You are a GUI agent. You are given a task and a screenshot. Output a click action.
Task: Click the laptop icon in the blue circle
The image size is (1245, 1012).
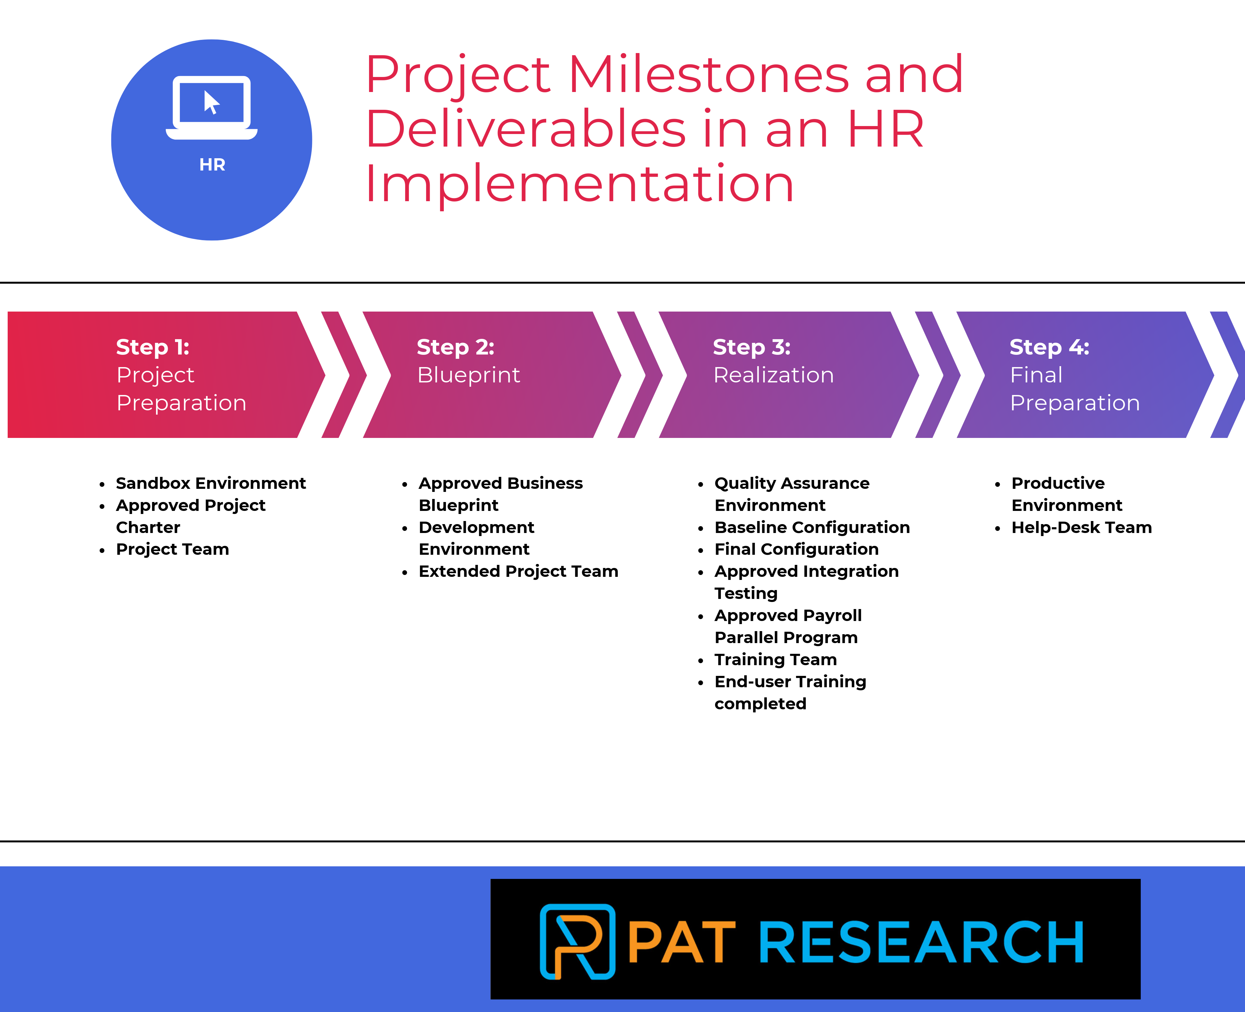pos(211,108)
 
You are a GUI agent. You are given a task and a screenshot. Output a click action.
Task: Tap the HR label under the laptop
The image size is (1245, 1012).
pos(212,165)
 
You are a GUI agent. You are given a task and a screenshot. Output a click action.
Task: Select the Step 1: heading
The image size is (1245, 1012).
pos(153,347)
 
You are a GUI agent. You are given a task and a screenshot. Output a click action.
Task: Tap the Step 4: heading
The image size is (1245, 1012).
pos(1049,347)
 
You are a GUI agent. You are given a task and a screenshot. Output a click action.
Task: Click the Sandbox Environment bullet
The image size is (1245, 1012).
pos(210,483)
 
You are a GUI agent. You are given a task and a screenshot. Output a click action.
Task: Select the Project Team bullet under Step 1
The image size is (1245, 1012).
pos(173,549)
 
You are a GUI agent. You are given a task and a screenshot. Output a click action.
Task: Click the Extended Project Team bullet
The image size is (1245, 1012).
pos(518,571)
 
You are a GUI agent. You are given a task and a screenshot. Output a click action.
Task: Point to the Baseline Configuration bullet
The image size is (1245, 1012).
pos(812,527)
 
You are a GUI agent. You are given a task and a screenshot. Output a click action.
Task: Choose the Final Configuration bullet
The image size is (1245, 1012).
pos(796,549)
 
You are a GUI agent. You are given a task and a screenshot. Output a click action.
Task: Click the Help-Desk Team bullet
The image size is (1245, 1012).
pos(1081,527)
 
